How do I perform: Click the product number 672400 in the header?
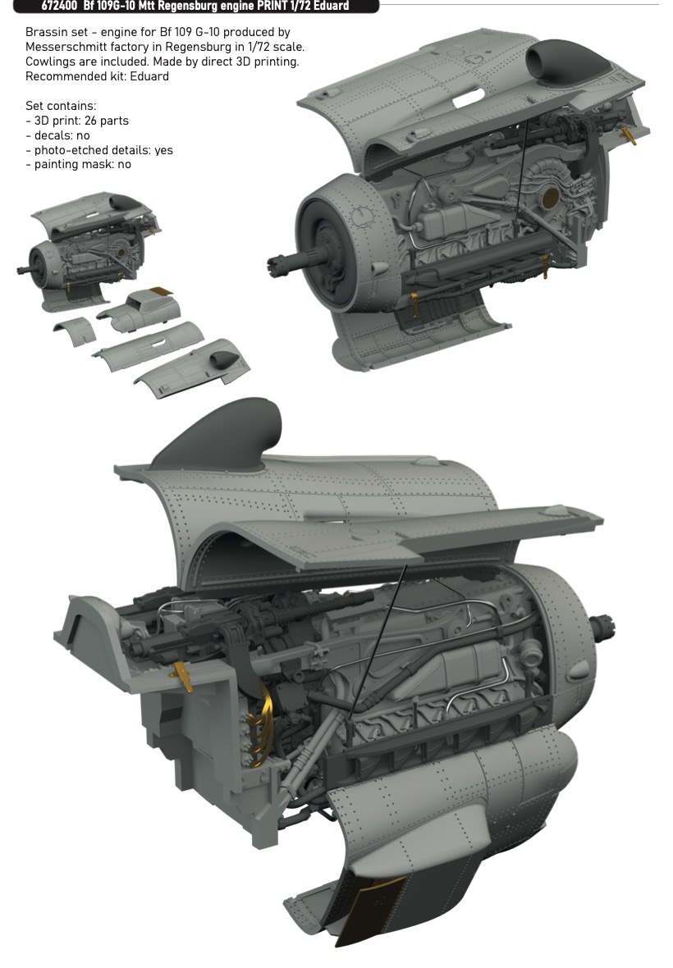coord(58,7)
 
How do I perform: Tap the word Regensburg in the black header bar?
coord(188,7)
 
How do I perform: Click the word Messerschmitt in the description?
coord(64,47)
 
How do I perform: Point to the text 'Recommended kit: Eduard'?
coord(97,76)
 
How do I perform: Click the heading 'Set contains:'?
coord(61,106)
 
